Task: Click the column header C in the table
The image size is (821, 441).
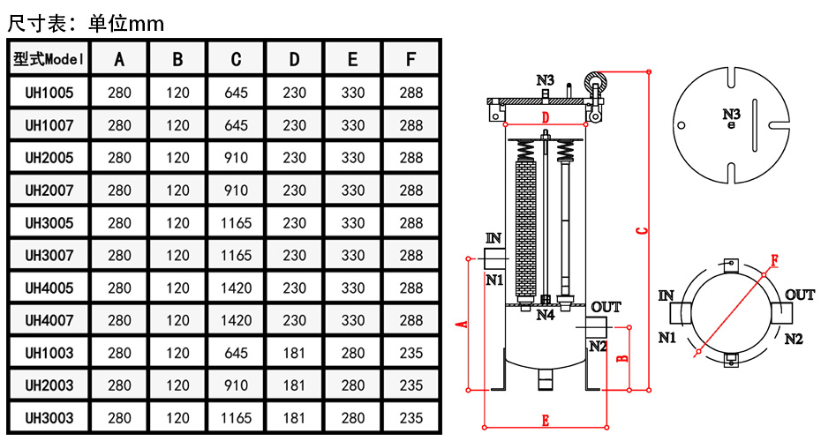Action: (236, 59)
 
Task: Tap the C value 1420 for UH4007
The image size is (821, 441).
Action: (236, 320)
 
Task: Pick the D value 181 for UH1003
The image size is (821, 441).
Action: (294, 353)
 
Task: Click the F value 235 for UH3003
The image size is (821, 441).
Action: (410, 418)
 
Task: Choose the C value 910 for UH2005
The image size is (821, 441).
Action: (236, 157)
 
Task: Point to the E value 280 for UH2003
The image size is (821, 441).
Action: (352, 385)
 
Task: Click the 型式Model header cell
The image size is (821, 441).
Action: (49, 59)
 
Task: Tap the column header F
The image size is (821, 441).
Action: (410, 59)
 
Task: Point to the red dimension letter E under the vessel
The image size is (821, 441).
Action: (545, 421)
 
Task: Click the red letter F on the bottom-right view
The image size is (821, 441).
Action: (774, 260)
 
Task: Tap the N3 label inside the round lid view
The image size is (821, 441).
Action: (731, 114)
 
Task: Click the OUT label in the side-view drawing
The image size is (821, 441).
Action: (606, 307)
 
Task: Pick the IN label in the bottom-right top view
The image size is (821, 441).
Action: (667, 295)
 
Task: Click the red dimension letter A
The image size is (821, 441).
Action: (460, 325)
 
